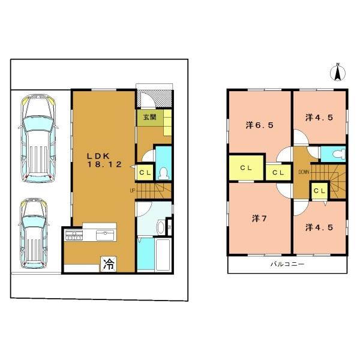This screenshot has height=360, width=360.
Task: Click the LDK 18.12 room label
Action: [104, 160]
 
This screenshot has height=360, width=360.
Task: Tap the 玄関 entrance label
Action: [150, 117]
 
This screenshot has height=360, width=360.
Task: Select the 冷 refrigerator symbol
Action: [109, 264]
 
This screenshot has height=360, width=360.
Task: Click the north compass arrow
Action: [338, 72]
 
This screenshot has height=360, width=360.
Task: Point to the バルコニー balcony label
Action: [287, 264]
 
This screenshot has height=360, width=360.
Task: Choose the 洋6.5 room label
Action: [260, 125]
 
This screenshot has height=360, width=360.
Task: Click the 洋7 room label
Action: [259, 218]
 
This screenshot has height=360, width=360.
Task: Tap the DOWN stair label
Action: [304, 172]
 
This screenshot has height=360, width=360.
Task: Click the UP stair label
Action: [133, 190]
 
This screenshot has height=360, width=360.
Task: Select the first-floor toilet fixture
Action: [163, 173]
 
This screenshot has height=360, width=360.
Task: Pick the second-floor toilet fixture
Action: [340, 154]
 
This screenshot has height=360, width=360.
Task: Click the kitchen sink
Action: [105, 235]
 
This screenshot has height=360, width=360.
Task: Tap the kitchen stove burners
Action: [74, 235]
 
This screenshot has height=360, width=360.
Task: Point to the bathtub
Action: [163, 254]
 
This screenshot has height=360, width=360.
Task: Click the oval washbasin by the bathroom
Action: [160, 227]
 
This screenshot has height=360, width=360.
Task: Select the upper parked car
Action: [38, 139]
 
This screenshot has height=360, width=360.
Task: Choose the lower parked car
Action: [34, 233]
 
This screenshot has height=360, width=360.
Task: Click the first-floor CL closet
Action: [145, 172]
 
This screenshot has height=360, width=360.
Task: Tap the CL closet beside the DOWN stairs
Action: [320, 191]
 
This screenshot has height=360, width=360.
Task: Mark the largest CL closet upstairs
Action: [246, 168]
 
